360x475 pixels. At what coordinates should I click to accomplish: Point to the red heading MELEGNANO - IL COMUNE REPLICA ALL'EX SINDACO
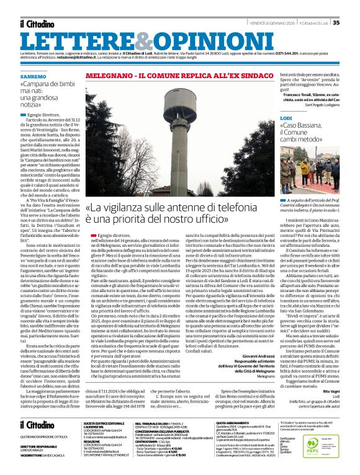coord(175,75)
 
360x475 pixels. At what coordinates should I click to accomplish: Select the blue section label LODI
coord(285,117)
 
